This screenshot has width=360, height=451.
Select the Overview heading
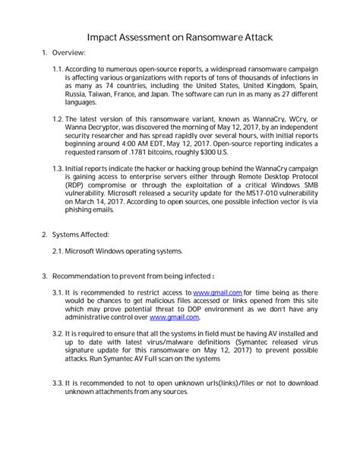(x=68, y=52)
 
